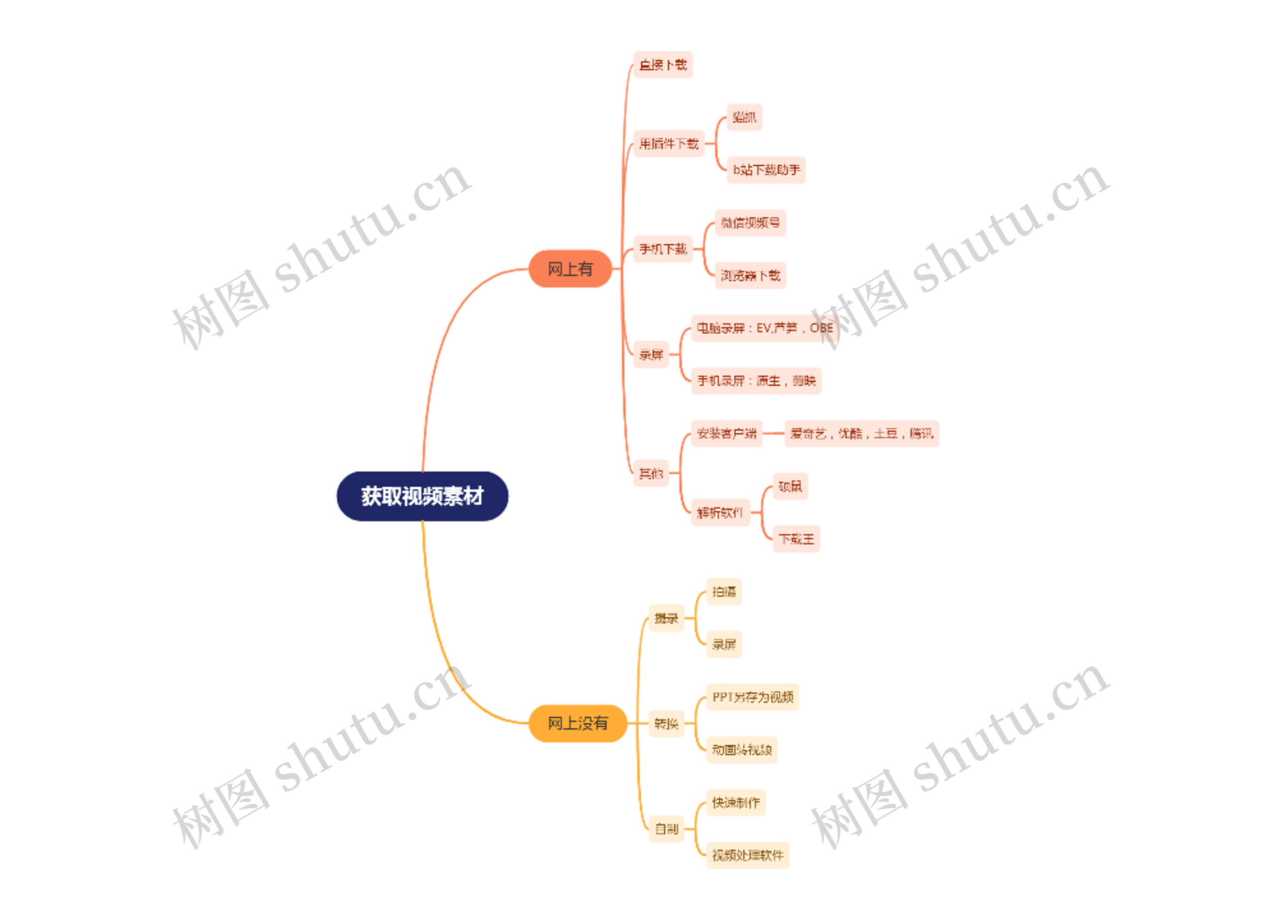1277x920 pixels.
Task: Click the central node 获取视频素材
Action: tap(423, 496)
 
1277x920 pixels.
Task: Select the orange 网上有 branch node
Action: tap(570, 269)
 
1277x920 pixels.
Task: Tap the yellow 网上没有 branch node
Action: tap(578, 723)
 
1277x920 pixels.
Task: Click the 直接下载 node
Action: tap(663, 65)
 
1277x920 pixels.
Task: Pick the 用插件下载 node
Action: tap(668, 144)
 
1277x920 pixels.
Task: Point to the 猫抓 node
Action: tap(744, 117)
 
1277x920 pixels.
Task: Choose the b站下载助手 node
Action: tap(766, 170)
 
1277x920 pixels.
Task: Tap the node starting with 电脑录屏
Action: tap(764, 328)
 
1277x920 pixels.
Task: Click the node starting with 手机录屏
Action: tap(756, 381)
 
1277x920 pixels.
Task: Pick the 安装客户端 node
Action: tap(726, 433)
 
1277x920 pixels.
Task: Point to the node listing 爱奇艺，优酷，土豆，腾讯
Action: tap(861, 433)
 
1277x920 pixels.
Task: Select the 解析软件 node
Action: tap(720, 513)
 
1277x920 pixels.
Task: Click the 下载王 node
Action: tap(796, 539)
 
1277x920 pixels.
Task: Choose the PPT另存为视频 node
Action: tap(752, 697)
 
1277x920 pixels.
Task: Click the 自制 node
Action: tap(666, 829)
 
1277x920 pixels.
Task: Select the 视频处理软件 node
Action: tap(747, 855)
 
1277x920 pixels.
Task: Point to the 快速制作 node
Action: tap(735, 802)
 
